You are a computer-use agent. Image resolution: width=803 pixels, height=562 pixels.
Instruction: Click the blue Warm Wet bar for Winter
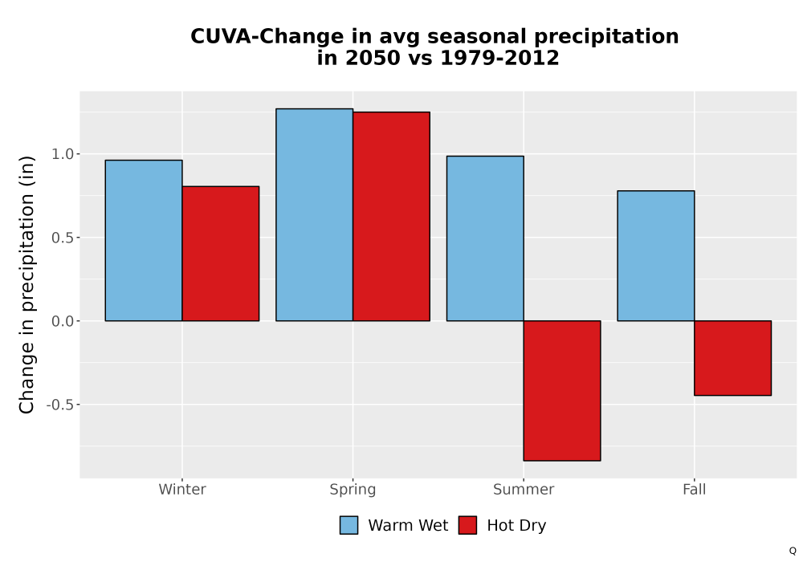(144, 241)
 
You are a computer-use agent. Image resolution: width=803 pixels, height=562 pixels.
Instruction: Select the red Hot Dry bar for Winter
(221, 254)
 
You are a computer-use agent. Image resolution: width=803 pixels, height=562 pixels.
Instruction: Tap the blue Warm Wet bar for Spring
(315, 215)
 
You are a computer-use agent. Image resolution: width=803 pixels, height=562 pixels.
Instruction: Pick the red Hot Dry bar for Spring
(391, 217)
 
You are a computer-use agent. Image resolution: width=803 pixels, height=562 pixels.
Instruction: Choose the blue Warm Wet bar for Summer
(485, 238)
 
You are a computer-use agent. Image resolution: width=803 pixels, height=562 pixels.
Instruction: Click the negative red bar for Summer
(562, 391)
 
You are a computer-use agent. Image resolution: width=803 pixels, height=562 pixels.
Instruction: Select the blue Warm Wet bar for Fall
(656, 256)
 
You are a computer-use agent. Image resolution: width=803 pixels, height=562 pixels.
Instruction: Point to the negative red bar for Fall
(733, 358)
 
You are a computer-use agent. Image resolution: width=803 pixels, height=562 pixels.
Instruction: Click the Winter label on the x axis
(182, 489)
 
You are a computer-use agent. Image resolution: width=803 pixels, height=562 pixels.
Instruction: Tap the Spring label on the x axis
(353, 490)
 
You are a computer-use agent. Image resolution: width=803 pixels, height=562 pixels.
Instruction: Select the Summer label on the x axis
(524, 489)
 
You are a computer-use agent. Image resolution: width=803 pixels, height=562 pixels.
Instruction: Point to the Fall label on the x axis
(695, 489)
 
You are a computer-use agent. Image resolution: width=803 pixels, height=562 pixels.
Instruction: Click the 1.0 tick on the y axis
(63, 154)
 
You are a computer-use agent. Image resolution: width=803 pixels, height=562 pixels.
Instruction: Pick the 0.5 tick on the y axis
(63, 238)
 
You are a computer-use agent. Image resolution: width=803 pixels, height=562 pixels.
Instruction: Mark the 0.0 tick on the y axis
(63, 321)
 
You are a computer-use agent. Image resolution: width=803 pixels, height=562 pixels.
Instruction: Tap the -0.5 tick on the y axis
(60, 405)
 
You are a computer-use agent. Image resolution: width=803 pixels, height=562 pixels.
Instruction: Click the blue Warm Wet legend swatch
(349, 525)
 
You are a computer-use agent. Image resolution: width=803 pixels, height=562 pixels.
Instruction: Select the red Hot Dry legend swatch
(467, 525)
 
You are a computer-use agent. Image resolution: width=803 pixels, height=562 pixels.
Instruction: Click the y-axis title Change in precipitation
(26, 284)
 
